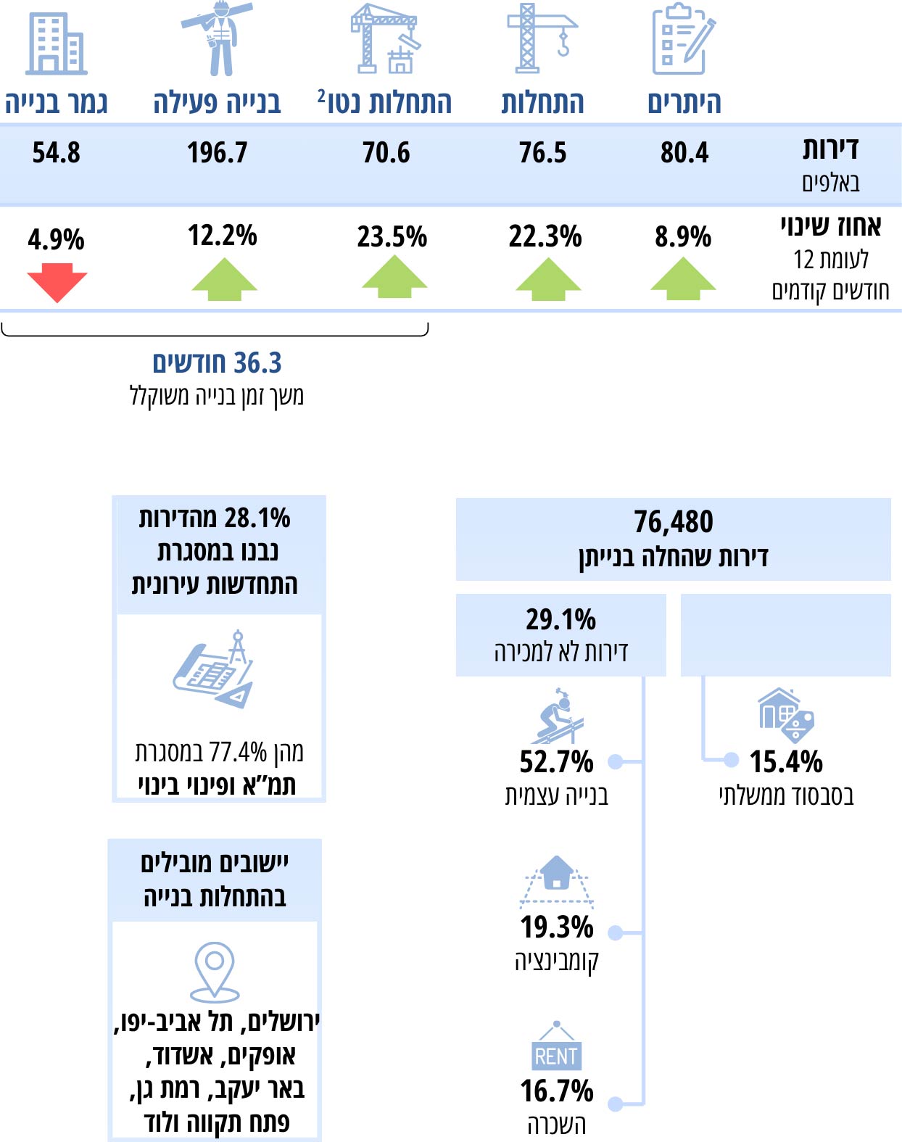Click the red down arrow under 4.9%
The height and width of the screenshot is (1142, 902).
tap(57, 281)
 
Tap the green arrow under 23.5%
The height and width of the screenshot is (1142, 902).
tap(394, 278)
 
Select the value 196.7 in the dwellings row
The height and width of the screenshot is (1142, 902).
tap(217, 153)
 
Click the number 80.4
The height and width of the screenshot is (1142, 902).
tap(684, 153)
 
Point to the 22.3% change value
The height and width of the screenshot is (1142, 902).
tap(545, 236)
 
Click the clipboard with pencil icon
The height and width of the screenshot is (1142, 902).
tap(682, 40)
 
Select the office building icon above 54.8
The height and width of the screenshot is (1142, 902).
tap(56, 44)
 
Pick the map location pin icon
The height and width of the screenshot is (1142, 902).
tap(215, 972)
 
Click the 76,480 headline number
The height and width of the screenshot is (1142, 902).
tap(673, 522)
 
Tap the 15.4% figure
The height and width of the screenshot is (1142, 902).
tap(786, 762)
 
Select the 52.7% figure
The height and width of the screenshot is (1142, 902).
tap(556, 762)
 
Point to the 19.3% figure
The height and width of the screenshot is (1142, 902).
tap(556, 927)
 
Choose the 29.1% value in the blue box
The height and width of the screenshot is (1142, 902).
tap(560, 620)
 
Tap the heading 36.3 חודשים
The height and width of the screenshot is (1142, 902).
tap(217, 363)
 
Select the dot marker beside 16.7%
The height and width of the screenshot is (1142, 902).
tap(616, 1104)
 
